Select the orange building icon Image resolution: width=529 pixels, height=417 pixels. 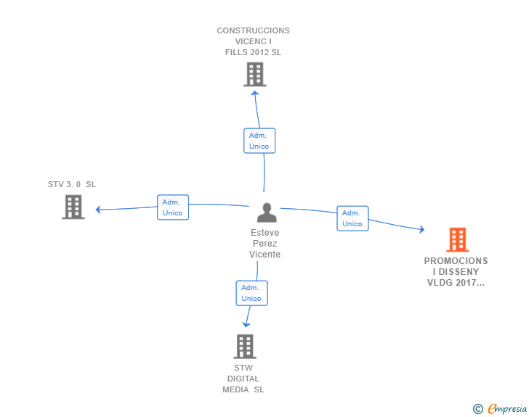tap(457, 239)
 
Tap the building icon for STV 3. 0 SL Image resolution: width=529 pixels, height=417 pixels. tap(73, 207)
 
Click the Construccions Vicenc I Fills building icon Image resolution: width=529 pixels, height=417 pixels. tap(254, 74)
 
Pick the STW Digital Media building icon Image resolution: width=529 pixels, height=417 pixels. tap(245, 346)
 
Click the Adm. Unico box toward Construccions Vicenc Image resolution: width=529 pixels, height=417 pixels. tap(259, 141)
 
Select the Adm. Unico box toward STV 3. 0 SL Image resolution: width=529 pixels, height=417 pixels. tap(173, 207)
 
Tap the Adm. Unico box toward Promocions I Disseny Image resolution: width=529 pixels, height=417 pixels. tap(352, 218)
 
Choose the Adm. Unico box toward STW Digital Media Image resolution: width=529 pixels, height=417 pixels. tap(251, 293)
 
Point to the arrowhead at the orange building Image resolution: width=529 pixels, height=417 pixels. tap(421, 230)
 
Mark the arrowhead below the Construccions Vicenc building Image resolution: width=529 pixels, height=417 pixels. tap(254, 92)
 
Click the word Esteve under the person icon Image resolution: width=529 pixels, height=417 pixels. tap(264, 233)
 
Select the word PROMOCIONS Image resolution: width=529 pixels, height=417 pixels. tap(456, 261)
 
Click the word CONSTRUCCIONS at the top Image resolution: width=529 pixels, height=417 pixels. tap(253, 30)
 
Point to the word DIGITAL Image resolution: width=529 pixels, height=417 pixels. tap(243, 379)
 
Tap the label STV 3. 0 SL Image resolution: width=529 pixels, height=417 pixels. tap(71, 184)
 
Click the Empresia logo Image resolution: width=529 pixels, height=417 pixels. tap(507, 408)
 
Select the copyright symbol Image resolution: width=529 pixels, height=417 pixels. tap(477, 409)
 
